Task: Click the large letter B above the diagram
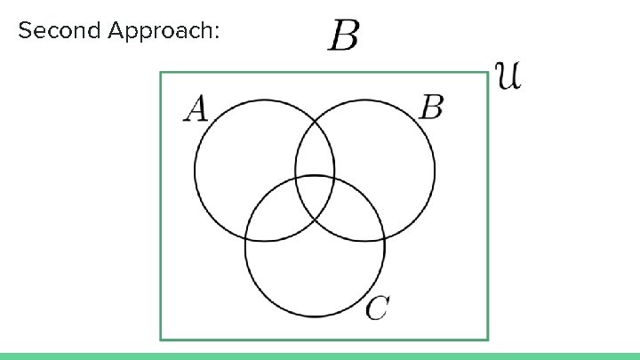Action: (x=344, y=37)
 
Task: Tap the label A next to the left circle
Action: (x=196, y=109)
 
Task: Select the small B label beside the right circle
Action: (x=431, y=108)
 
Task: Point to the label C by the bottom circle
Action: (x=377, y=308)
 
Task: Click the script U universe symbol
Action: (x=508, y=75)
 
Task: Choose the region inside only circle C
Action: (x=316, y=276)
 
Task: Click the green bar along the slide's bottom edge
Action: (x=320, y=356)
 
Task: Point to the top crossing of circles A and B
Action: (x=315, y=118)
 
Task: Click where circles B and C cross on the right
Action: (x=384, y=237)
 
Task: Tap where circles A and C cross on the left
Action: (x=246, y=237)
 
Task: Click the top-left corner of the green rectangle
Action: (x=161, y=73)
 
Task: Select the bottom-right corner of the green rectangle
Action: (x=488, y=339)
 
